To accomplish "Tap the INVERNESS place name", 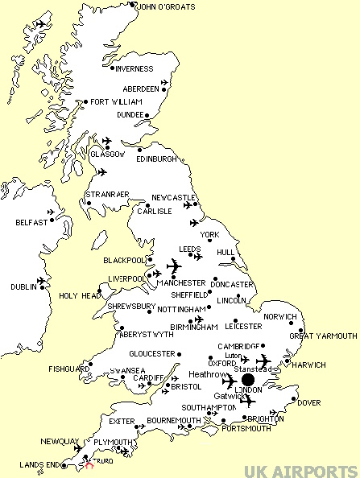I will [134, 68].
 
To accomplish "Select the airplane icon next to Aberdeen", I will [167, 82].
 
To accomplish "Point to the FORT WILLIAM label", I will [116, 102].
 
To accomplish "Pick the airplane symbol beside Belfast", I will [53, 213].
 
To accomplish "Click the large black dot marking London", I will [247, 380].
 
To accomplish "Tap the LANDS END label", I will [23, 465].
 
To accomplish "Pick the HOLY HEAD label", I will [81, 295].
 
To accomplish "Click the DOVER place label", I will [308, 403].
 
